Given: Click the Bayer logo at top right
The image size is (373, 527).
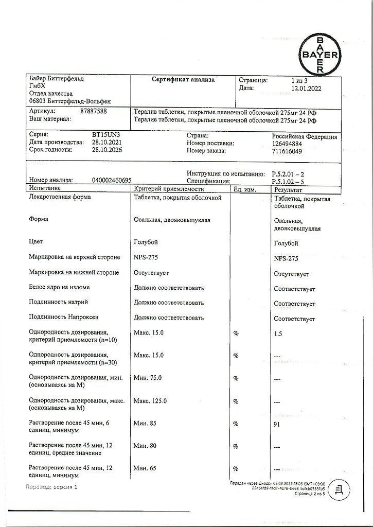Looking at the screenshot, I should click(x=319, y=55).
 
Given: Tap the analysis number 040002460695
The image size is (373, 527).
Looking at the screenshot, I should click(x=111, y=181).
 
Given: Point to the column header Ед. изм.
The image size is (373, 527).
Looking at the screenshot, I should click(x=245, y=190).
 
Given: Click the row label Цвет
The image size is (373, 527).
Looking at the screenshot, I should click(x=36, y=242).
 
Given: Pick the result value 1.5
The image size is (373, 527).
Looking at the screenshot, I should click(x=278, y=333).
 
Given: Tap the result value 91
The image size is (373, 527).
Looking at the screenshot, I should click(x=278, y=424).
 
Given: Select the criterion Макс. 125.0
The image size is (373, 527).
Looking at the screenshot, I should click(x=150, y=401).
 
